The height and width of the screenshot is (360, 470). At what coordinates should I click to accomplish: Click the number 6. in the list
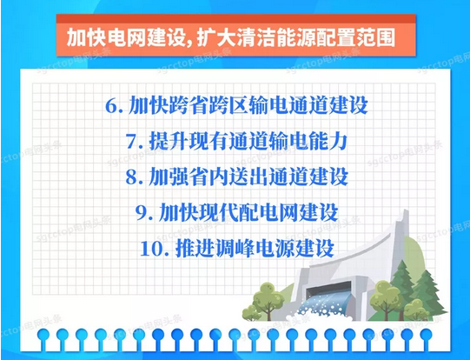click(x=113, y=107)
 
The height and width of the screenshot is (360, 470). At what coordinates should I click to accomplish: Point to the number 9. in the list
click(x=142, y=211)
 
